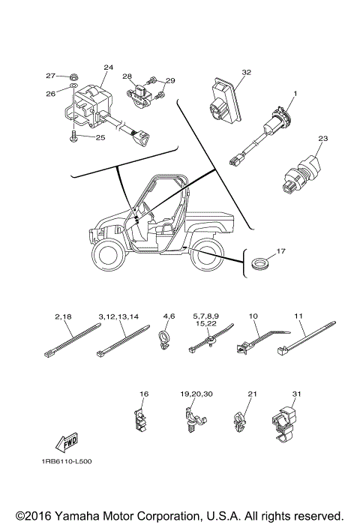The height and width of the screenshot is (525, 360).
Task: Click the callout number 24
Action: click(x=108, y=67)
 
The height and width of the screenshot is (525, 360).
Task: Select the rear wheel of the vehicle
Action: click(x=204, y=262)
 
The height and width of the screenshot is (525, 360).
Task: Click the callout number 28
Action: click(x=127, y=76)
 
